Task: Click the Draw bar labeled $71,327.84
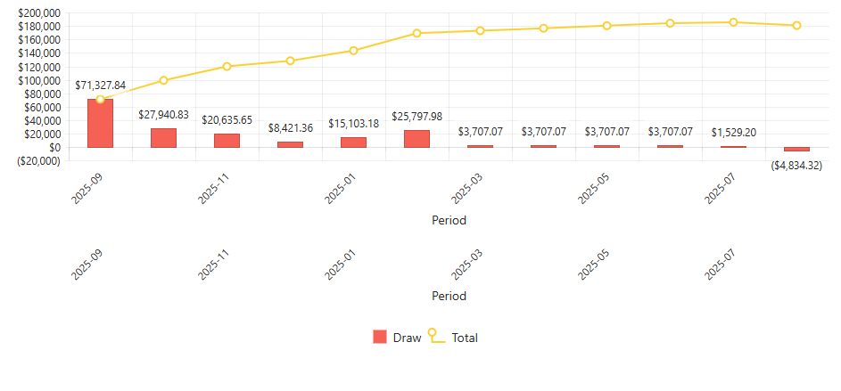click(x=100, y=126)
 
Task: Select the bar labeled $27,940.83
click(x=163, y=138)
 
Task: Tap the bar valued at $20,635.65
click(x=227, y=141)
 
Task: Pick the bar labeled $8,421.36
click(x=290, y=144)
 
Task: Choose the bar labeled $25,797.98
click(x=416, y=139)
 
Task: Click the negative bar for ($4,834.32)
click(x=796, y=150)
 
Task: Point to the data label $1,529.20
click(x=733, y=133)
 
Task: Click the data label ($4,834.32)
click(x=796, y=166)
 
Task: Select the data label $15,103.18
click(x=353, y=124)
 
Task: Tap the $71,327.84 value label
click(x=100, y=86)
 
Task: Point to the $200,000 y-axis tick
click(x=39, y=13)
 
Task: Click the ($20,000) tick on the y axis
click(x=39, y=161)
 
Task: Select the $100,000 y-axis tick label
click(x=39, y=80)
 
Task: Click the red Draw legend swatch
click(x=380, y=338)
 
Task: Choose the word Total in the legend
click(x=465, y=338)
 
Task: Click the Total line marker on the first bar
click(x=100, y=100)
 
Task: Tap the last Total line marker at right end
click(x=796, y=26)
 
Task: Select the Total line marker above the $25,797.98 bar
click(x=416, y=34)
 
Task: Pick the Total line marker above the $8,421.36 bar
click(x=290, y=61)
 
